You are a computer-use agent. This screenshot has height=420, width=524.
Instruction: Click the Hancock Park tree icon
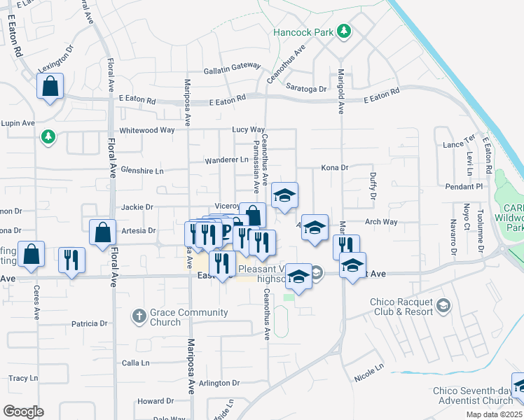coord(343,31)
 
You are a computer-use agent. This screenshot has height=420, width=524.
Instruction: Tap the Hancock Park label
coord(304,31)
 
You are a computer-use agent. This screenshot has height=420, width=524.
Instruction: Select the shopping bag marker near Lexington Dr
coord(50,87)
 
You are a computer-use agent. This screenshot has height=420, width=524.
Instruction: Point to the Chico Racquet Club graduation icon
coord(443,306)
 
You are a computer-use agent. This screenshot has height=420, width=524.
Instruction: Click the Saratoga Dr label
coord(306,90)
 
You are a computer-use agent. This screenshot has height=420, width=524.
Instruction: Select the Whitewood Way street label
coord(147,130)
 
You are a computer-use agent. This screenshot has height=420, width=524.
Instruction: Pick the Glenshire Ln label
coord(142,171)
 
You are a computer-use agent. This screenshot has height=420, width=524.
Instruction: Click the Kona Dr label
coord(334,168)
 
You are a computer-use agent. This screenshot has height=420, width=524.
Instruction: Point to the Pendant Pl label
coord(464,187)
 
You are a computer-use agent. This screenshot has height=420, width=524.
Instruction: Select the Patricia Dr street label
coord(89,324)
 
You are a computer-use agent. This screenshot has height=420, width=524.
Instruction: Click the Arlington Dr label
coord(219,383)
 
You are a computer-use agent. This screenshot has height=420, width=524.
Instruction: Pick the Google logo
coord(24,411)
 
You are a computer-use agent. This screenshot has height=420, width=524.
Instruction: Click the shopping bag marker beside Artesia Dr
coord(103,233)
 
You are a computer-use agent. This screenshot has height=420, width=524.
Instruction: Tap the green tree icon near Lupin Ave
coord(48,136)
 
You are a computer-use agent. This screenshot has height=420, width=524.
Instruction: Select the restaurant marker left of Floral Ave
coord(71,260)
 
